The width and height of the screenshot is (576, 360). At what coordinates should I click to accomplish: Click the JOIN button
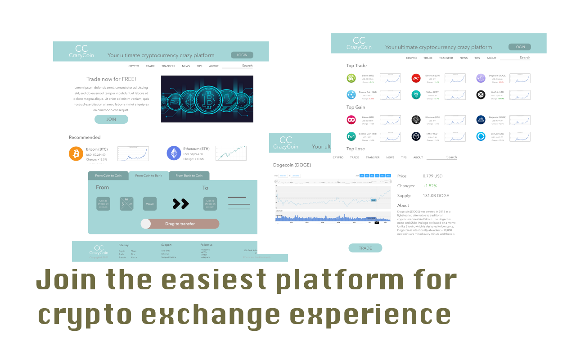111,119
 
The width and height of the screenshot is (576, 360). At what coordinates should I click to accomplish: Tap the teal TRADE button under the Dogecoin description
365,248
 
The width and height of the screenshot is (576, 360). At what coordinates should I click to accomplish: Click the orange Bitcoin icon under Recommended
76,153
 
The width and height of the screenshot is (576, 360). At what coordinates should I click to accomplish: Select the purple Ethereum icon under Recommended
174,153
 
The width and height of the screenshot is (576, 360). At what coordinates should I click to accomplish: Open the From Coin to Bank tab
148,175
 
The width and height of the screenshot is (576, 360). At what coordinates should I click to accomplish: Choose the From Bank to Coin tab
189,175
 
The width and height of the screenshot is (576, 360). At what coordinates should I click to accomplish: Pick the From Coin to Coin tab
108,175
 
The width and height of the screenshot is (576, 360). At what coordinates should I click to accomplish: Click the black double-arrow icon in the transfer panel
180,204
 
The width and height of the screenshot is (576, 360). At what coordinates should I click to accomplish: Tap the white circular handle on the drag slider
146,224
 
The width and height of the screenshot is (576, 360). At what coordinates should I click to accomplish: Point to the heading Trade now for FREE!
111,79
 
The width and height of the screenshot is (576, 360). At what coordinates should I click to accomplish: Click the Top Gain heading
355,107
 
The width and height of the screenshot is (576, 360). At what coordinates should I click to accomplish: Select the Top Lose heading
355,149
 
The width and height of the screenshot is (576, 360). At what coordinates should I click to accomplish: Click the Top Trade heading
356,66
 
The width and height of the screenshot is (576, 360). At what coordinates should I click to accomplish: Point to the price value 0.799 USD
432,176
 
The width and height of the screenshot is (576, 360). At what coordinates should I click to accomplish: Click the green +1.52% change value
430,186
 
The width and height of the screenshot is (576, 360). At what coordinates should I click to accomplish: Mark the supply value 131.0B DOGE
436,196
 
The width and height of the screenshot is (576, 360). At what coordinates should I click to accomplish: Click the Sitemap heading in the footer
124,245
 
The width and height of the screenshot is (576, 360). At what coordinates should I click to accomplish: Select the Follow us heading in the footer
206,245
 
